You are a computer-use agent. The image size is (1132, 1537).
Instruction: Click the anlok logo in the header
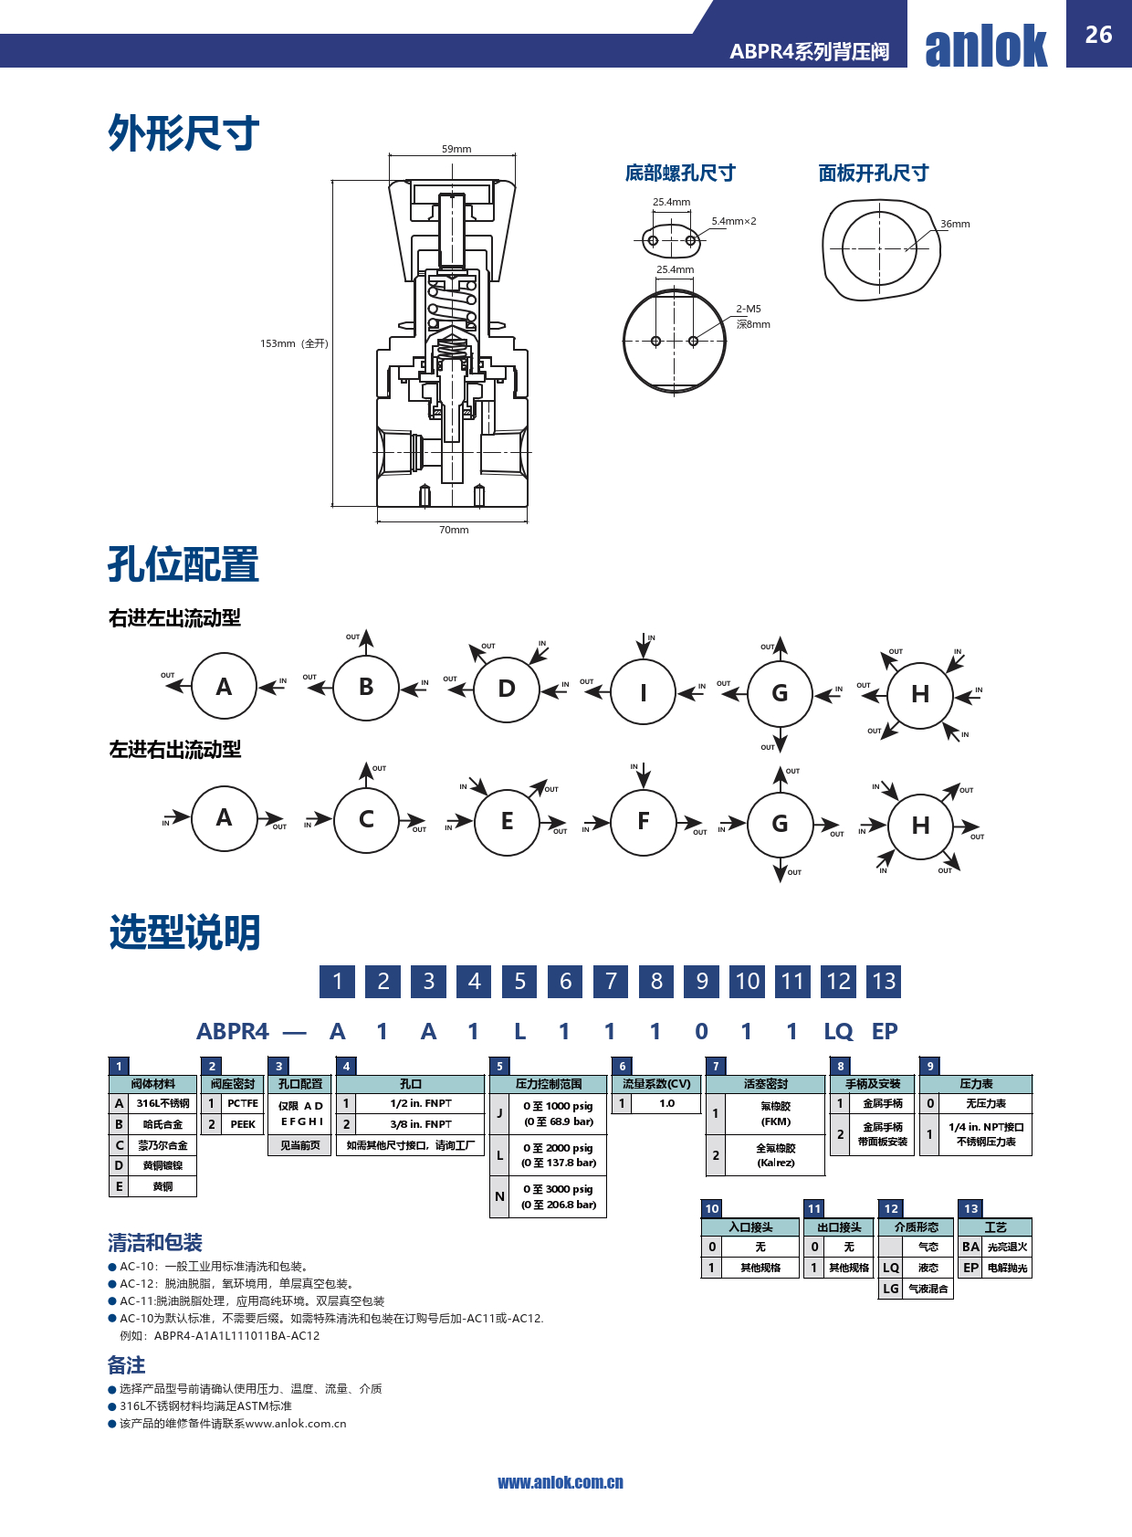(x=986, y=47)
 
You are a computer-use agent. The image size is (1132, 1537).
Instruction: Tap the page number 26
(x=1098, y=35)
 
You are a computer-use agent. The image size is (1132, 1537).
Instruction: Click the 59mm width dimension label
(x=456, y=149)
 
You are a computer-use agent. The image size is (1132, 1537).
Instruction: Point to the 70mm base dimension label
(x=454, y=530)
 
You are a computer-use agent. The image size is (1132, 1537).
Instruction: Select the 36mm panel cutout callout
(x=955, y=224)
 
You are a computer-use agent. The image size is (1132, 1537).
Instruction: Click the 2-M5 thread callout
(x=749, y=309)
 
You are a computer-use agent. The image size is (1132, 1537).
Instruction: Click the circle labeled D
(x=507, y=689)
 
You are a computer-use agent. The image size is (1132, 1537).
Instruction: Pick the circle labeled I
(x=644, y=692)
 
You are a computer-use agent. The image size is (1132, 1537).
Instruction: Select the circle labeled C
(x=366, y=819)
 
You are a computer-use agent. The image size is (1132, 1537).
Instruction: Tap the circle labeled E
(x=507, y=821)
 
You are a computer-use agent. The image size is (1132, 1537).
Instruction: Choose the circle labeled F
(x=644, y=821)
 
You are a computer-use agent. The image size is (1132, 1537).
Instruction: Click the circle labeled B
(x=366, y=687)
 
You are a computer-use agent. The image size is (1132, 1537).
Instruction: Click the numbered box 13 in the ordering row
(x=884, y=982)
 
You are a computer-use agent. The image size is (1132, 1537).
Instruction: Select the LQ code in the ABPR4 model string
(x=838, y=1031)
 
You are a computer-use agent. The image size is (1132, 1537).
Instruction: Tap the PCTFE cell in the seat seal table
(x=243, y=1103)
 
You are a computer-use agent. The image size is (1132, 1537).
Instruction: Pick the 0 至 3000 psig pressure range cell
(x=558, y=1196)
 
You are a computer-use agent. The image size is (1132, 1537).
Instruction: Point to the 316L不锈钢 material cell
(x=162, y=1103)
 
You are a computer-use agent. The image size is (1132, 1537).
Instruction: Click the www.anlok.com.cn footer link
(x=561, y=1482)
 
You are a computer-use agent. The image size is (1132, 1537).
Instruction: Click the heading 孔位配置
(x=183, y=564)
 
